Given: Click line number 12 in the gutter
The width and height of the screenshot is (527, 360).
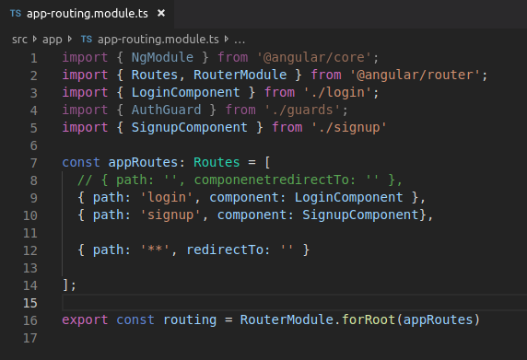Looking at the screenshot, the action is [33, 250].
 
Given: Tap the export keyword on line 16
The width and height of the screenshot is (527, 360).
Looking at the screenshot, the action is [84, 319].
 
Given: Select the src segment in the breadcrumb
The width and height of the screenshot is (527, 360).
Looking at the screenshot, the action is [20, 40].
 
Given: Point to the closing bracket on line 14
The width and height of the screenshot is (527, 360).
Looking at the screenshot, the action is [66, 285].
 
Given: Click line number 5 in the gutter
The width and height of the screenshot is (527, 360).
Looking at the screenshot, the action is [33, 127].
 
